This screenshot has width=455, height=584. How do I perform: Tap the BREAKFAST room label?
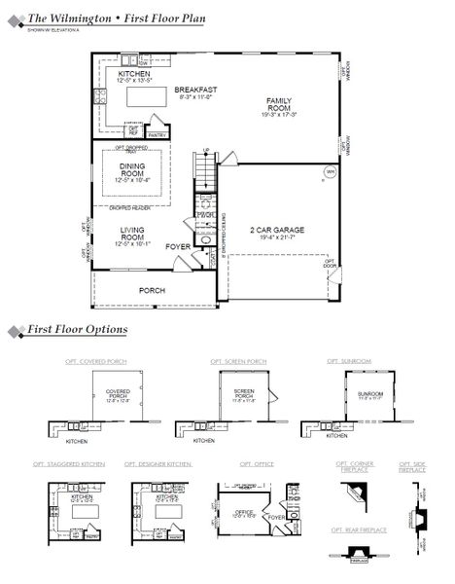click(195, 90)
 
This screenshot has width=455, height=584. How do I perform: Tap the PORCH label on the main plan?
click(152, 290)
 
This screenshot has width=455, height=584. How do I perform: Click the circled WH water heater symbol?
click(330, 174)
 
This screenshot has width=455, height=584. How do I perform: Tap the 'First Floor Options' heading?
click(77, 330)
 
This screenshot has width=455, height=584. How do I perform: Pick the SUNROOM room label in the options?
click(369, 395)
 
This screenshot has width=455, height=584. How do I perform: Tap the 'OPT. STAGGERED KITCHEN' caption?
click(71, 465)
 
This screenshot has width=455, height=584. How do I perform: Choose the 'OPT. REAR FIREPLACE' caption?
click(359, 529)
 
